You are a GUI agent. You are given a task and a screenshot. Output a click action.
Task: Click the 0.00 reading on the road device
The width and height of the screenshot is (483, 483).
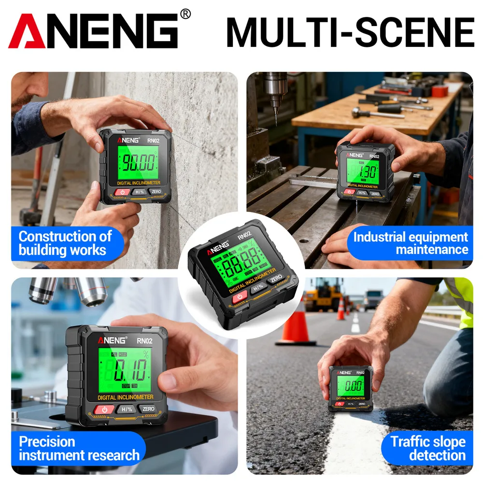click(x=353, y=385)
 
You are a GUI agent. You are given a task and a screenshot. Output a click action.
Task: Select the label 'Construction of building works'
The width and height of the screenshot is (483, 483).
click(x=65, y=243)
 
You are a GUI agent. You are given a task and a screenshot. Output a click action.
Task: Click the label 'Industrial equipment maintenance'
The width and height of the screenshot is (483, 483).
click(x=410, y=243)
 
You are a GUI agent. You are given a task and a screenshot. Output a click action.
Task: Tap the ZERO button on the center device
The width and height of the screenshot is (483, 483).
click(x=276, y=279)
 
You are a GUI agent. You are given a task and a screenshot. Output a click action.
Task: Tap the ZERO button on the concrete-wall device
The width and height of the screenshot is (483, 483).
click(x=156, y=192)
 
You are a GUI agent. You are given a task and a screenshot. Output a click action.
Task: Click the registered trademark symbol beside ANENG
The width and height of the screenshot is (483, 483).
click(x=185, y=14)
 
